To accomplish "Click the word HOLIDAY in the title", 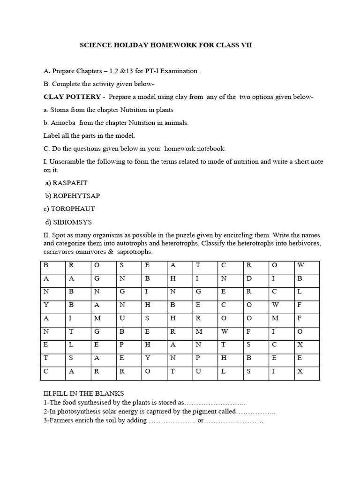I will point(131,45).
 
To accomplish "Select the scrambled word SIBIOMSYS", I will point(71,222).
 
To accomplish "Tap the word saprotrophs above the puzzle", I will point(136,252).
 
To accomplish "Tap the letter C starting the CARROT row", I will point(46,371).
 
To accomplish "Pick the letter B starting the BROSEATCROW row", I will point(46,265).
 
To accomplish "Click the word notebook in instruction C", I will point(211,149).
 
